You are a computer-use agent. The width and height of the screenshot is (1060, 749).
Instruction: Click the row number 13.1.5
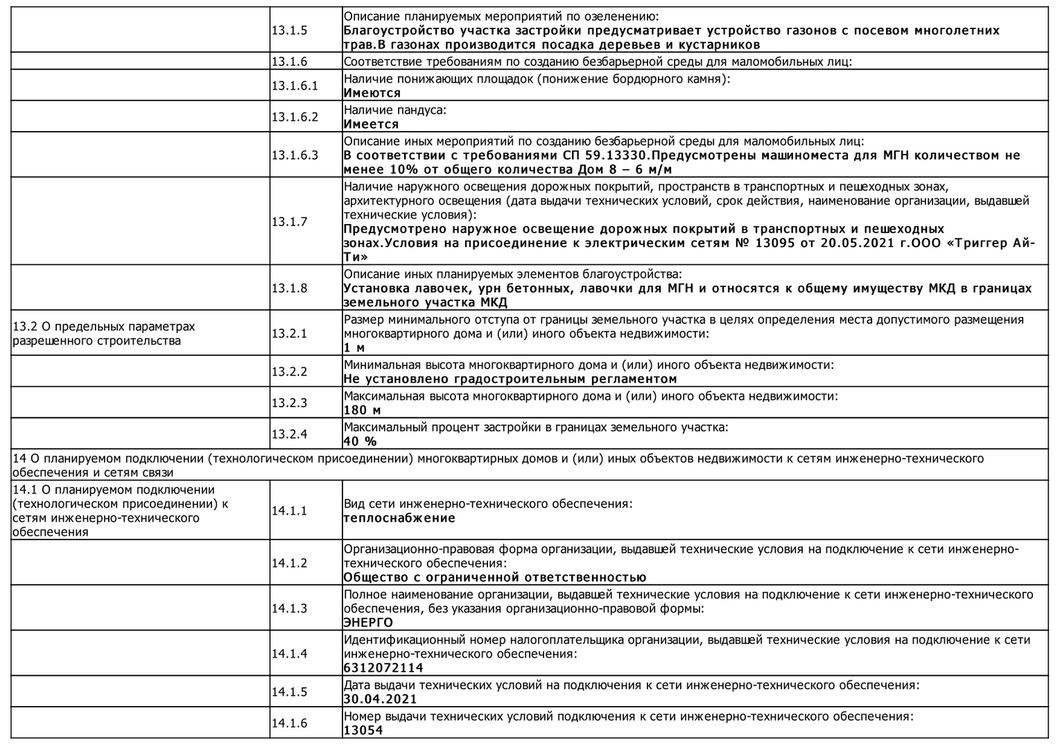[x=289, y=31]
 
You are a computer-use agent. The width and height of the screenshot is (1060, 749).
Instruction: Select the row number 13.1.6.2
[x=295, y=117]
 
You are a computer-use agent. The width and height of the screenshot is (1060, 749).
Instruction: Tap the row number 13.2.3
[x=289, y=403]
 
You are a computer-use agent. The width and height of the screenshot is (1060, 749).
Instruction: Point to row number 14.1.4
[x=289, y=653]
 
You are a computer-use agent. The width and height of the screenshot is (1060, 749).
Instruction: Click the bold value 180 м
[x=362, y=411]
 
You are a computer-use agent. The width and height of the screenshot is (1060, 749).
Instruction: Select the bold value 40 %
[x=360, y=442]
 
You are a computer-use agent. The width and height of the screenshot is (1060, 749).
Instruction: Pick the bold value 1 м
[x=354, y=347]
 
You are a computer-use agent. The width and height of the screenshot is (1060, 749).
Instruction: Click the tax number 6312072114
[x=383, y=668]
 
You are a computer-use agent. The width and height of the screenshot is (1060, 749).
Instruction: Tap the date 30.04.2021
[x=381, y=699]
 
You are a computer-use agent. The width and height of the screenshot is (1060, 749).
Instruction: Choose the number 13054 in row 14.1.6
[x=363, y=730]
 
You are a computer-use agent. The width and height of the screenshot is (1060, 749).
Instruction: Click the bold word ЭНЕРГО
[x=368, y=623]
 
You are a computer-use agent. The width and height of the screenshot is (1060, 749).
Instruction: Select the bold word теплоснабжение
[x=399, y=518]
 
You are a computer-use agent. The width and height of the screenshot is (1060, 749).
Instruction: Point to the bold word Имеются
[x=372, y=93]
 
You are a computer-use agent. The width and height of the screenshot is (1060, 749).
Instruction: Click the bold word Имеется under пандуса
[x=371, y=124]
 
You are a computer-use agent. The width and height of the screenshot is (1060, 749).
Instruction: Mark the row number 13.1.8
[x=289, y=288]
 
